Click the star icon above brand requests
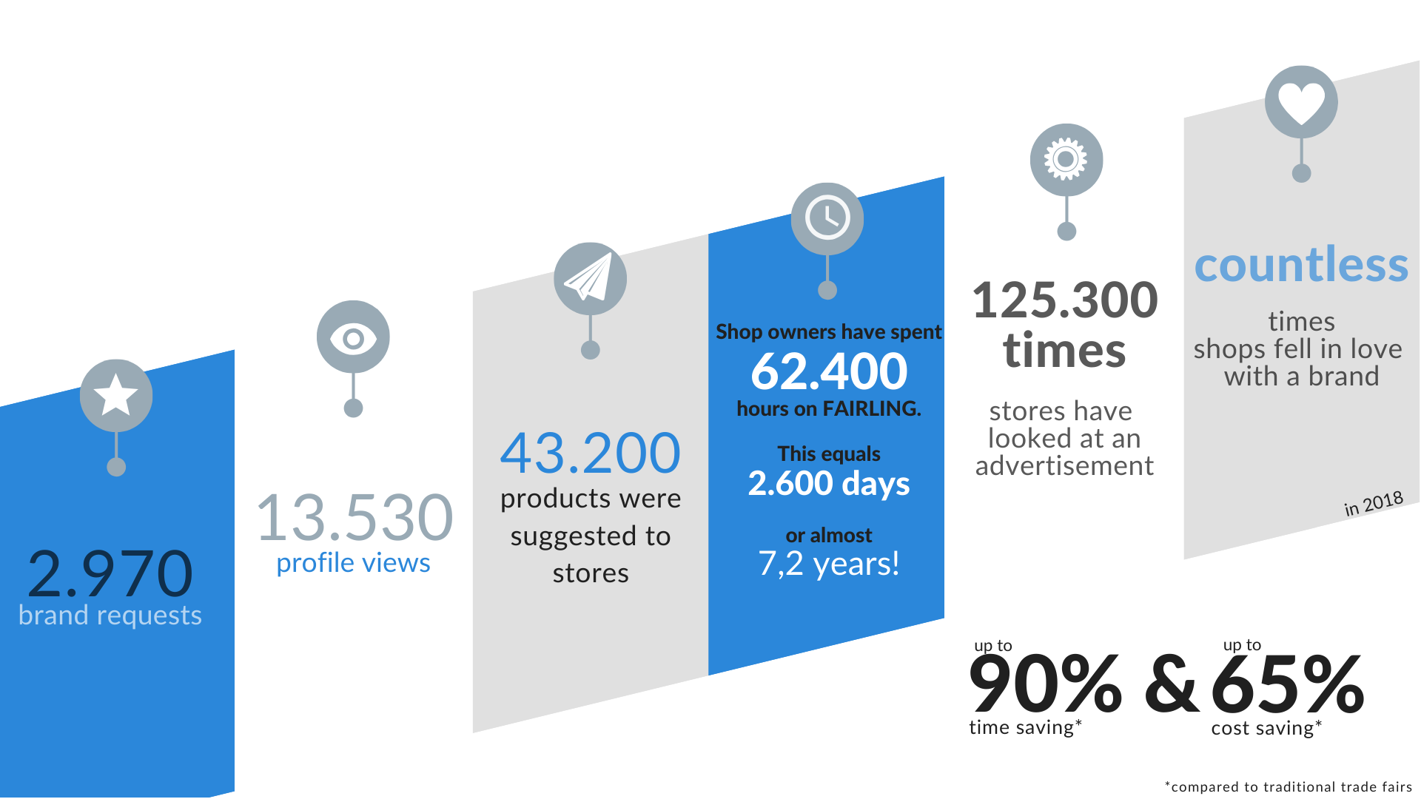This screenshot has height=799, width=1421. (x=116, y=396)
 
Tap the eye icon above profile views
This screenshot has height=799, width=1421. (x=353, y=337)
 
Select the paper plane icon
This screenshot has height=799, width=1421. (x=590, y=279)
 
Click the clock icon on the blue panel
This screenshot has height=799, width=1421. (x=827, y=218)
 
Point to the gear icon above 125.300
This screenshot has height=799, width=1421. (x=1066, y=160)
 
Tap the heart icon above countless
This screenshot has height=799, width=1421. (x=1301, y=102)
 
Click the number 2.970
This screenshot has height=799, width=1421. (x=110, y=573)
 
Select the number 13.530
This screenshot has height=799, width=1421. (x=355, y=517)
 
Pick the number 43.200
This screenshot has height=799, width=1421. (x=590, y=453)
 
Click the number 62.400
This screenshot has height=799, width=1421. (x=829, y=371)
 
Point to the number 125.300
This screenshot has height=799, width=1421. (x=1065, y=300)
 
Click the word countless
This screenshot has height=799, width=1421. (x=1301, y=264)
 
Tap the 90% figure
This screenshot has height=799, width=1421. (x=1045, y=684)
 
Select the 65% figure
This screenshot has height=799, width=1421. (x=1288, y=684)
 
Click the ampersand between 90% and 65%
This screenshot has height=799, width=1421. (x=1172, y=684)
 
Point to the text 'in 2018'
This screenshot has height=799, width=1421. (x=1374, y=503)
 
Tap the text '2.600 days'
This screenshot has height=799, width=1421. (x=829, y=484)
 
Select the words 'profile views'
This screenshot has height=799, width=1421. (x=353, y=564)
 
